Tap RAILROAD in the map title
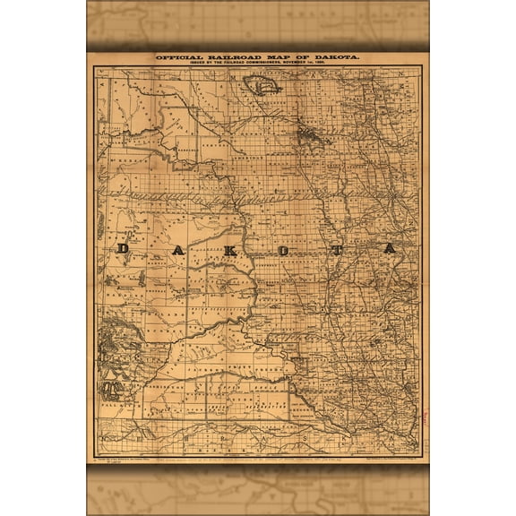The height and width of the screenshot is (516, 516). (x=230, y=58)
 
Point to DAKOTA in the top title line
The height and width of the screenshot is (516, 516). (x=334, y=58)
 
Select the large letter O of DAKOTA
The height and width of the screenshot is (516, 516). (x=283, y=250)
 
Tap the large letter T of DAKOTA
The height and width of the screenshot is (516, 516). (x=336, y=250)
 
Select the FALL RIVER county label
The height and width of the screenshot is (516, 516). (x=116, y=402)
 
